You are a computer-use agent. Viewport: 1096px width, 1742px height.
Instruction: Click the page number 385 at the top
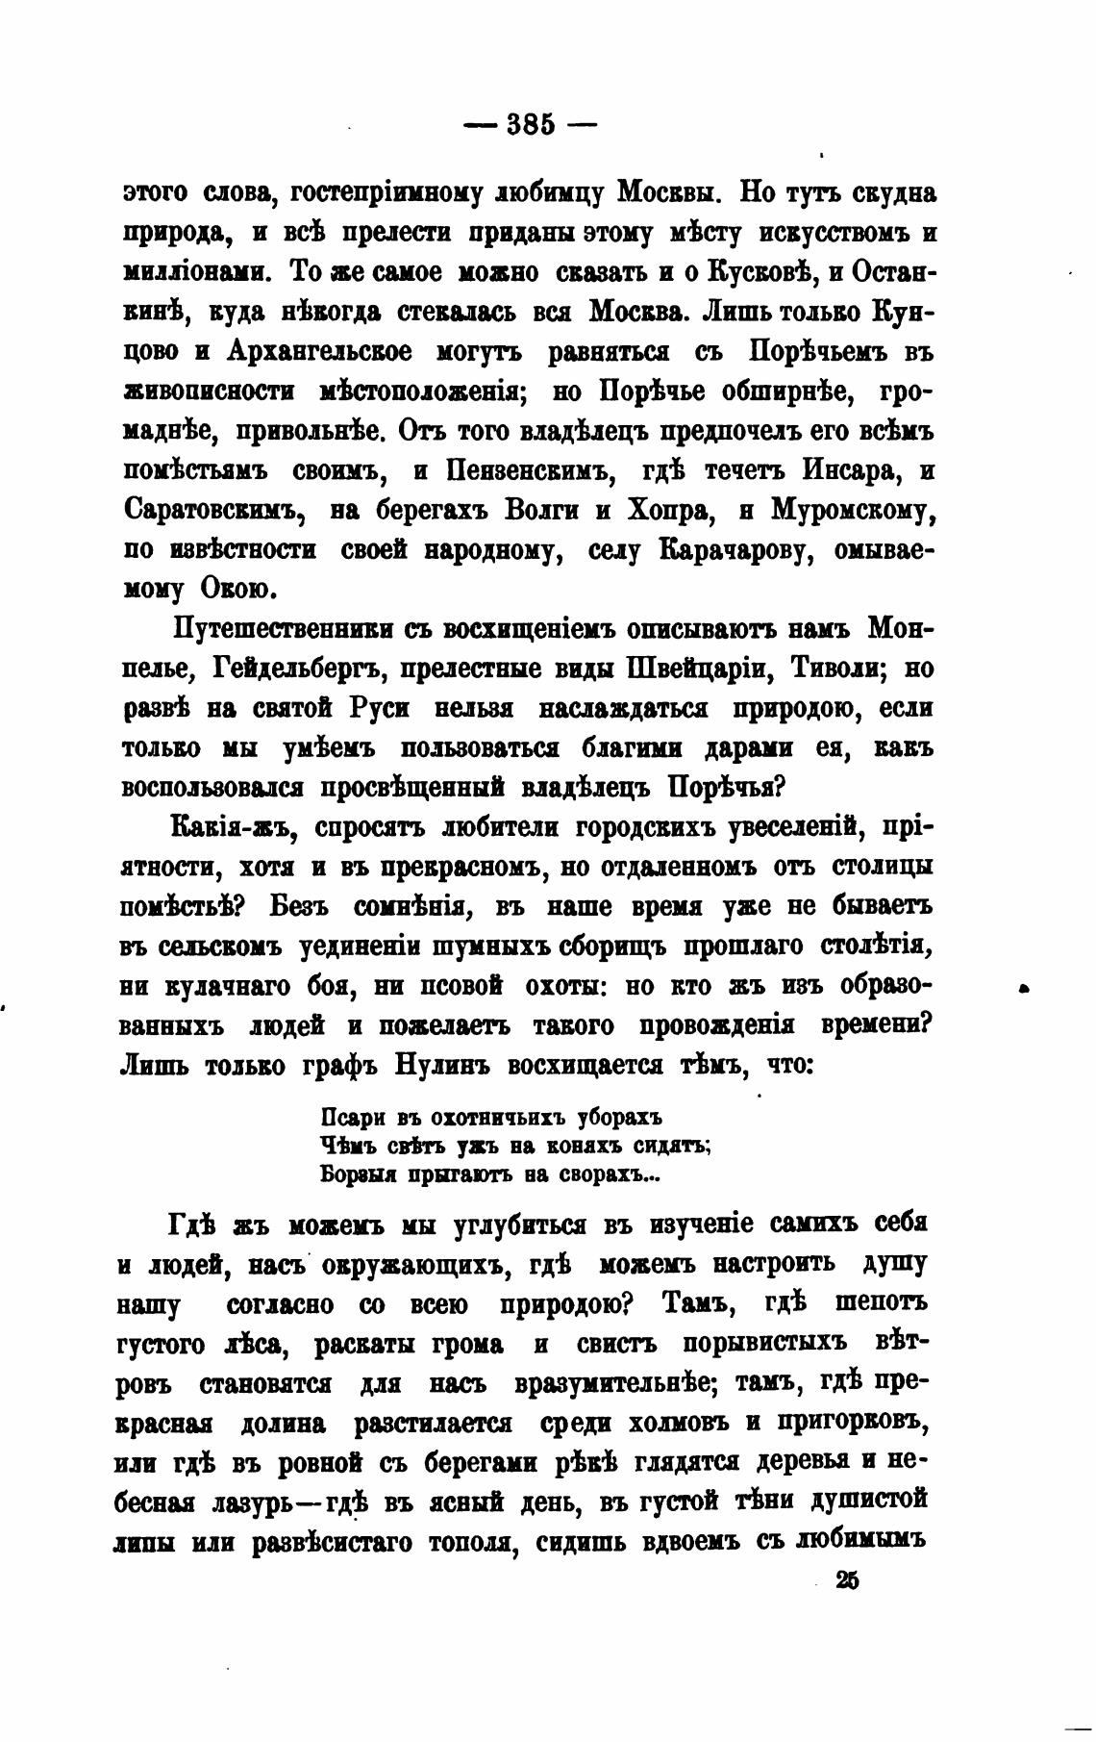(x=531, y=125)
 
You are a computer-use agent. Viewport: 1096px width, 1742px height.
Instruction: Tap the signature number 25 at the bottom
(x=846, y=1580)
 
